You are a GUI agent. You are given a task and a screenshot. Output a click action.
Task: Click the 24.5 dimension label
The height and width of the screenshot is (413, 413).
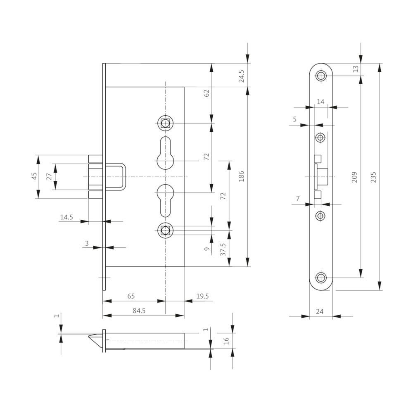(x=242, y=76)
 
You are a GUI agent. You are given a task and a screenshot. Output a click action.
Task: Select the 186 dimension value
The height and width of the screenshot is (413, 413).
(x=242, y=176)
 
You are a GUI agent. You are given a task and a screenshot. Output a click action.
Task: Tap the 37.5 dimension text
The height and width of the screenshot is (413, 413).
(x=223, y=249)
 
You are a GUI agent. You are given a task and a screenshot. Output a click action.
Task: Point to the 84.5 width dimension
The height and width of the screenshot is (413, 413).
(x=139, y=311)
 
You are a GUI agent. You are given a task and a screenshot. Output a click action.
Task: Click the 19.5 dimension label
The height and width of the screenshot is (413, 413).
(x=202, y=296)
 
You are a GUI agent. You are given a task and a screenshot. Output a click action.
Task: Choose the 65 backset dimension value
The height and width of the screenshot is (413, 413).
(x=131, y=296)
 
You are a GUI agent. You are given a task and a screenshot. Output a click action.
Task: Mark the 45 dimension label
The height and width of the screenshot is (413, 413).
(x=35, y=176)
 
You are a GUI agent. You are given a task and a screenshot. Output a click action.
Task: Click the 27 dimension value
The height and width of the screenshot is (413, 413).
(x=50, y=176)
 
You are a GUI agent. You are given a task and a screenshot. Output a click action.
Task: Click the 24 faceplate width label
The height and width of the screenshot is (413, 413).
(x=319, y=312)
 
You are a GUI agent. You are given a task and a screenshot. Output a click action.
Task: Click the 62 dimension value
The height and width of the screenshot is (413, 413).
(x=207, y=93)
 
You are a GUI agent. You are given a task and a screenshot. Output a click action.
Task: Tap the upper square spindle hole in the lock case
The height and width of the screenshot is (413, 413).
(x=165, y=123)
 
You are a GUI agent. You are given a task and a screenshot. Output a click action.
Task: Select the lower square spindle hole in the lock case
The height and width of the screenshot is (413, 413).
(x=165, y=230)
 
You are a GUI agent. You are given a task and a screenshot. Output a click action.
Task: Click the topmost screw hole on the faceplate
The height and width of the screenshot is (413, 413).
(x=321, y=76)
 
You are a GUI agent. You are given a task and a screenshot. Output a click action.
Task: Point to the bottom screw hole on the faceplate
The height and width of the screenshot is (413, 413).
(x=321, y=278)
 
